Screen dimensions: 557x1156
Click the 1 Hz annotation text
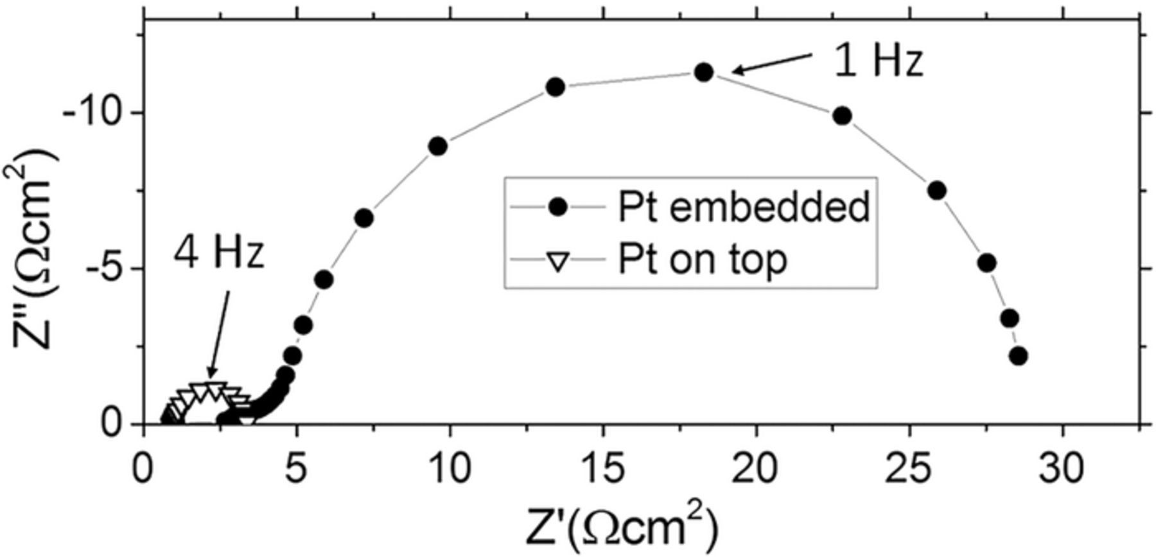[x=878, y=61]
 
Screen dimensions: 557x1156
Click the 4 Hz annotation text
[x=218, y=254]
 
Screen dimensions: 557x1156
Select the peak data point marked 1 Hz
[x=704, y=72]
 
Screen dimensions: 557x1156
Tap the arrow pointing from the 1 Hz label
[x=771, y=63]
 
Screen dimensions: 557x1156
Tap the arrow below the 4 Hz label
[x=218, y=334]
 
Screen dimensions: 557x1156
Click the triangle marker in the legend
[x=557, y=261]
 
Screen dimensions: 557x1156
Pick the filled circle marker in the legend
[x=557, y=207]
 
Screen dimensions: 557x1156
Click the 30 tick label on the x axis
[x=1062, y=470]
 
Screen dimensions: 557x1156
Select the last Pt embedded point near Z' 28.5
[x=1019, y=355]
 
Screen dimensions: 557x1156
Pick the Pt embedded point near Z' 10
[x=437, y=146]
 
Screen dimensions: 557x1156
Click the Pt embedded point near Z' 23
[x=842, y=116]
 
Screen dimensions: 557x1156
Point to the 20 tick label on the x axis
[x=756, y=470]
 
